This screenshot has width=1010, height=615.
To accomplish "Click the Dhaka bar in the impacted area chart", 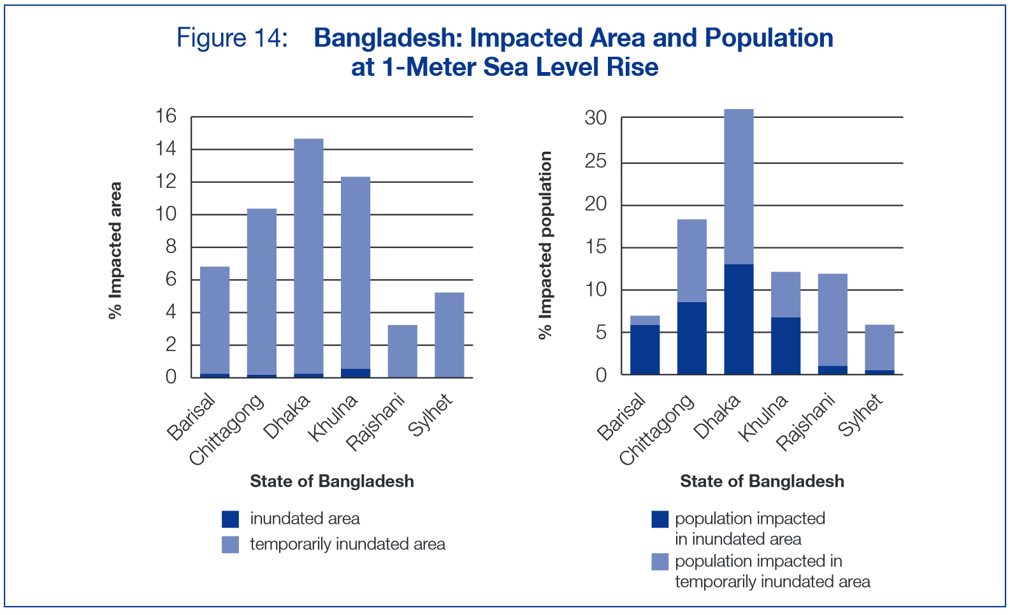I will [308, 255].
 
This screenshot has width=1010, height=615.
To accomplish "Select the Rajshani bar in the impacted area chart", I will [402, 351].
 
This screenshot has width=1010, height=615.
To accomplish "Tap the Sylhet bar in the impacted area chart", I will [449, 335].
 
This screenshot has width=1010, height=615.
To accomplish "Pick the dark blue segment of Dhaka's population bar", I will [739, 319].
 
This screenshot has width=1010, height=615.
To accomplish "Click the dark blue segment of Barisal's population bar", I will [645, 349].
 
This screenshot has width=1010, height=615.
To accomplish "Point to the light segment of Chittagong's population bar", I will [691, 260].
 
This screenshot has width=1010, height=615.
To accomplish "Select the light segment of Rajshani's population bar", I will [833, 319].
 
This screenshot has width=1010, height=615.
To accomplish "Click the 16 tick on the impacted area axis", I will [166, 116].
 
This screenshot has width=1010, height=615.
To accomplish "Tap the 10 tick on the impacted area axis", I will [166, 214].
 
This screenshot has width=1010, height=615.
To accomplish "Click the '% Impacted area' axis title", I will [115, 250].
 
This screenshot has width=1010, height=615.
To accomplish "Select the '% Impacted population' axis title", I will [545, 245].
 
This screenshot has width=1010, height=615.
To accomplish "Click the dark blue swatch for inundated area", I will [230, 519].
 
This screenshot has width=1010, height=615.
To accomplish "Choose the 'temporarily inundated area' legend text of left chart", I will [347, 544].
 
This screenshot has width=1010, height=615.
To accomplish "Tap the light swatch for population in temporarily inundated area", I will [660, 561].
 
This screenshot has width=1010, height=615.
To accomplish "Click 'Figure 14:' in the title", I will [232, 38].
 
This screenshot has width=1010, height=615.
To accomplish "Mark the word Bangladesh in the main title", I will [387, 38].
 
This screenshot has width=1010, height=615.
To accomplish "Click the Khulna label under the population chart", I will [763, 418].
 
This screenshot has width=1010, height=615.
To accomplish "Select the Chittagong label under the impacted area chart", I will [227, 430].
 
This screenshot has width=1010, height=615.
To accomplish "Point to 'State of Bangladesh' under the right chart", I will [761, 481].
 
